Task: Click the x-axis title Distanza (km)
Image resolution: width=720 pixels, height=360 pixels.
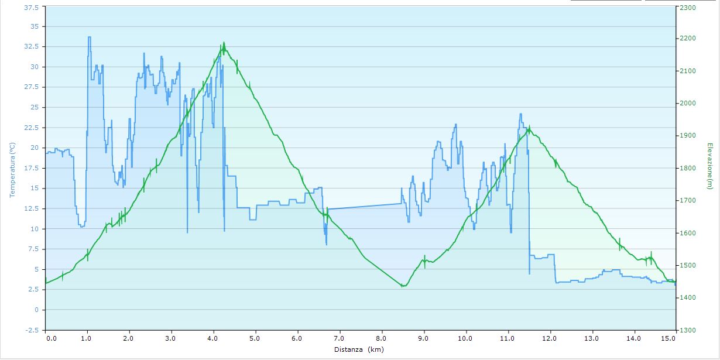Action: pos(359,349)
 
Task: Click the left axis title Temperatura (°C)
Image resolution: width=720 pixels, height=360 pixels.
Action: pos(11,169)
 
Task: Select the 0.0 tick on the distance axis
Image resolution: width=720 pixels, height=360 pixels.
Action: pos(52,338)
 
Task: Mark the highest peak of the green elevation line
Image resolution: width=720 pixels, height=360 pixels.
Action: pos(224,43)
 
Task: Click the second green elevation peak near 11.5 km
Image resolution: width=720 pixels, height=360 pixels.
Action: pos(529,128)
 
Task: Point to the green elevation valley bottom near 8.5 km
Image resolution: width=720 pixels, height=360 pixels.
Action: pos(403,286)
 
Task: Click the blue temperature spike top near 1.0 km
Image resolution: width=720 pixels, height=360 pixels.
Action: pos(89,37)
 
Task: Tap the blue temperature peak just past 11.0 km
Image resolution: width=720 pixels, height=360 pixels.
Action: pos(520,114)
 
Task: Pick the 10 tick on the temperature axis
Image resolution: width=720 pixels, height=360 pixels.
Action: pos(35,229)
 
